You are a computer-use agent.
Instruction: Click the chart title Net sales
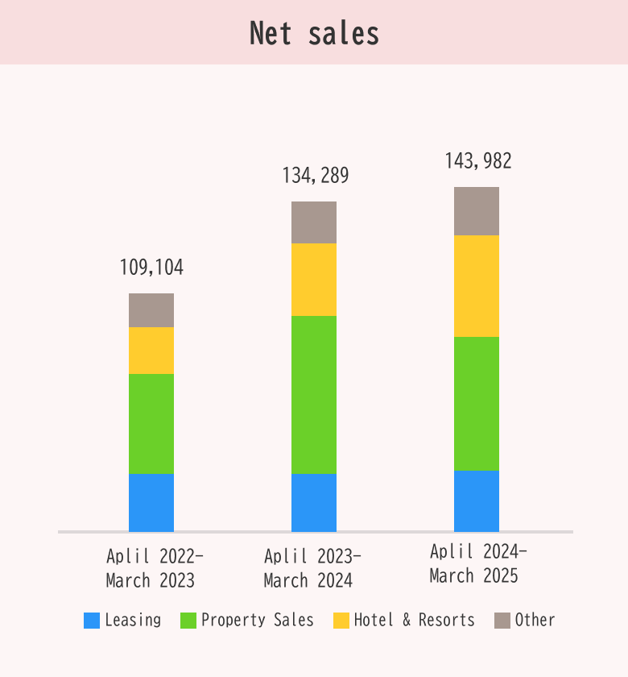pyautogui.click(x=314, y=34)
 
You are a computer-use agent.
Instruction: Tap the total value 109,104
pyautogui.click(x=151, y=268)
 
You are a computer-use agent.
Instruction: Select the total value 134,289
pyautogui.click(x=315, y=176)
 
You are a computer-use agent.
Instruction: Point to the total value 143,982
pyautogui.click(x=477, y=161)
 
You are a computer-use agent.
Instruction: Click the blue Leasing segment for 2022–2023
pyautogui.click(x=151, y=502)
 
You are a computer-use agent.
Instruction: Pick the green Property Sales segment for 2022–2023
pyautogui.click(x=151, y=423)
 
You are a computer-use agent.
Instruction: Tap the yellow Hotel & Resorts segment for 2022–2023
pyautogui.click(x=151, y=351)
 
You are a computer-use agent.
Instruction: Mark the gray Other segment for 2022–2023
pyautogui.click(x=151, y=310)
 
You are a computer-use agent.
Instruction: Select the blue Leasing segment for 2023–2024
pyautogui.click(x=314, y=502)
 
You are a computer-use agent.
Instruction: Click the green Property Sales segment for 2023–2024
pyautogui.click(x=314, y=395)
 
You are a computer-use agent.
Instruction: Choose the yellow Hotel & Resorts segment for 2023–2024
pyautogui.click(x=314, y=280)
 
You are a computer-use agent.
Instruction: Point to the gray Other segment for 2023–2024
pyautogui.click(x=314, y=222)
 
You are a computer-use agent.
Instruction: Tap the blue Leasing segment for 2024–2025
pyautogui.click(x=477, y=500)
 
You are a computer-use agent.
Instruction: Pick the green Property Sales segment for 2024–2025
pyautogui.click(x=477, y=403)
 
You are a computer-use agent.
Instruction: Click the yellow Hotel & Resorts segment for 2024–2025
pyautogui.click(x=477, y=286)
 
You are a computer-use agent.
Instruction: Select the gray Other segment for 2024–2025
pyautogui.click(x=477, y=211)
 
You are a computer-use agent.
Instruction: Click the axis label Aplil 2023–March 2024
pyautogui.click(x=312, y=568)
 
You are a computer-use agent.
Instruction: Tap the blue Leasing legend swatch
pyautogui.click(x=92, y=621)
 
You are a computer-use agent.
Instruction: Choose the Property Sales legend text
pyautogui.click(x=257, y=620)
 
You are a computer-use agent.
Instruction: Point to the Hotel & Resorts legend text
pyautogui.click(x=414, y=620)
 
